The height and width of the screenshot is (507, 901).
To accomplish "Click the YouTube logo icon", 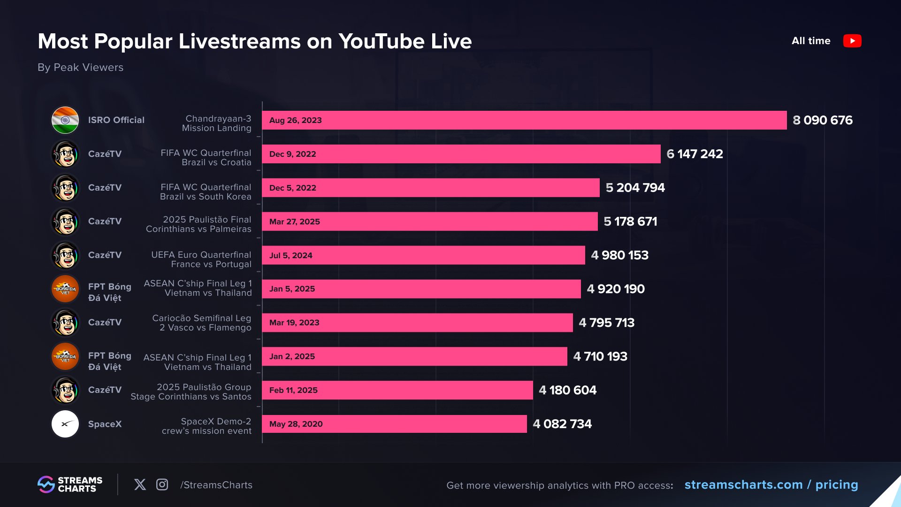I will (852, 41).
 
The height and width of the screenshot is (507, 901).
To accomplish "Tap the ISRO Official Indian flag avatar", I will (65, 120).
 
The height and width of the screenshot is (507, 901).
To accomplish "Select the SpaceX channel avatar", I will (65, 424).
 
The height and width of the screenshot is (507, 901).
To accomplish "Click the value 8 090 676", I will (822, 120).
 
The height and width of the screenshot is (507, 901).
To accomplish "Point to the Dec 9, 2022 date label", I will (292, 154).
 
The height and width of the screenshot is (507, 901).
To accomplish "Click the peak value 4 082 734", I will (562, 424).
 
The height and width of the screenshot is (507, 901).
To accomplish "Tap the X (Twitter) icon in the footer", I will (140, 484).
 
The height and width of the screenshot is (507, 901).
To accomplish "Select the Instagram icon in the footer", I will (162, 484).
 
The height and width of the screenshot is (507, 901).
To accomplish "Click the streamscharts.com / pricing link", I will (771, 484).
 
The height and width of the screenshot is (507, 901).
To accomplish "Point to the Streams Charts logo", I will (70, 484).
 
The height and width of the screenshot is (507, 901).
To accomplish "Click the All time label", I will (810, 41).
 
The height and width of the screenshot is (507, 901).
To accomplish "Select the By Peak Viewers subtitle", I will (80, 68).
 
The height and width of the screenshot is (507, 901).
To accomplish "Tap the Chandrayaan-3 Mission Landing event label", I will (217, 123).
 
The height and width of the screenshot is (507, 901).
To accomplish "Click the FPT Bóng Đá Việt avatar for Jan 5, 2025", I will (65, 289).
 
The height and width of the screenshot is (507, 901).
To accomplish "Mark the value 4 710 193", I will (600, 356).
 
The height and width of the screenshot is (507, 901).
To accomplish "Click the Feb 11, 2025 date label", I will (293, 390).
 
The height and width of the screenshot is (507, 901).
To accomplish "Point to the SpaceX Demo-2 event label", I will (207, 426).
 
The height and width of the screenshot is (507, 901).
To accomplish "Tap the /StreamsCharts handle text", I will (216, 485).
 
